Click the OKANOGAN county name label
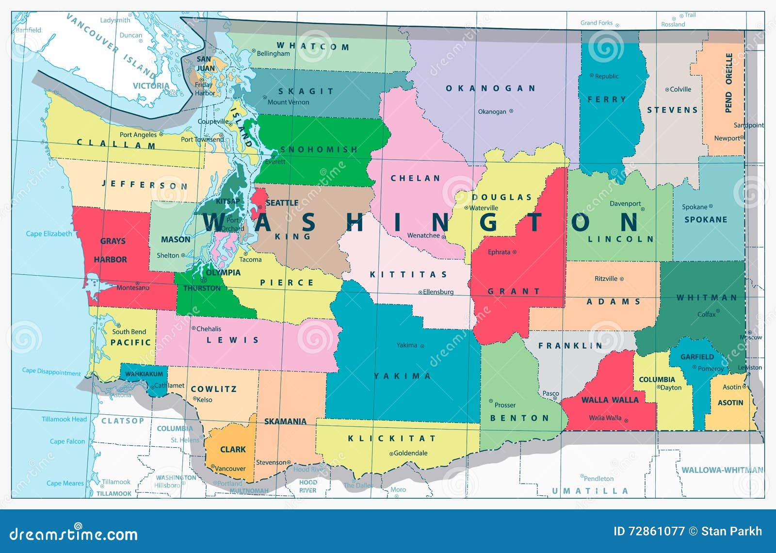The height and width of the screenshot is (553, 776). point(490,88)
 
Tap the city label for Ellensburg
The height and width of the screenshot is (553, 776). point(438,292)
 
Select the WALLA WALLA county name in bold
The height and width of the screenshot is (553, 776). point(610,400)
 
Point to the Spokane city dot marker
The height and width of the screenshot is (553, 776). point(711,207)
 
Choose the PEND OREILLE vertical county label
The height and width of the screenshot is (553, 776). point(729,83)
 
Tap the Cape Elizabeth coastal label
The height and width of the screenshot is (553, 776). point(48,234)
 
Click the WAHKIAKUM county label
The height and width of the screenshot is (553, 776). point(144,374)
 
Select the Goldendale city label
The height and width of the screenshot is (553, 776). point(410,453)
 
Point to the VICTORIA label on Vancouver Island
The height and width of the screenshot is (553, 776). point(151,86)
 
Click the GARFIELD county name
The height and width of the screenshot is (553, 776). point(697,357)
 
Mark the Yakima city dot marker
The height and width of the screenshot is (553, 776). point(422,346)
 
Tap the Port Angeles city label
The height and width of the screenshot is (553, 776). point(138,134)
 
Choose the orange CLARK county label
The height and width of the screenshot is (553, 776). point(233,449)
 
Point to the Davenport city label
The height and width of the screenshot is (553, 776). point(625,204)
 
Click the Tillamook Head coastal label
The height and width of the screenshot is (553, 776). point(64,419)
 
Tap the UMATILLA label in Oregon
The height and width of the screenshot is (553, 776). point(590,491)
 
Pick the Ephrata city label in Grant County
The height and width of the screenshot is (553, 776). point(499,252)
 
